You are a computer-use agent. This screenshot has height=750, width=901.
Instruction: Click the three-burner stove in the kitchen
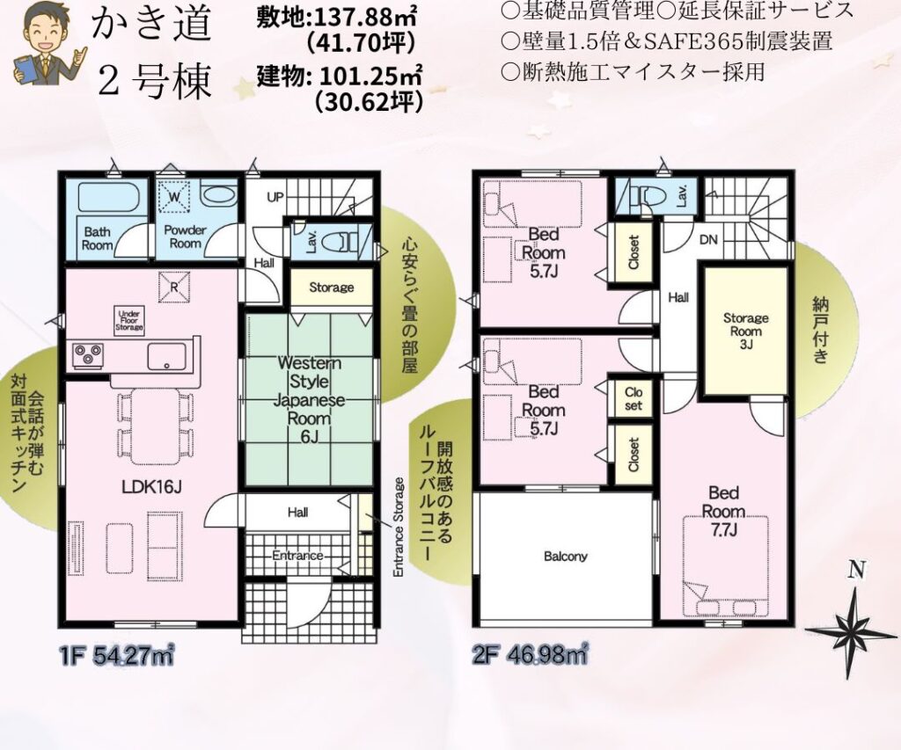point(88,355)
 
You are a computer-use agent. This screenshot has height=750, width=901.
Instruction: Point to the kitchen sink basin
point(166,356)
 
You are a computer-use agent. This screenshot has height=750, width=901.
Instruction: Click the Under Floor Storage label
point(129,320)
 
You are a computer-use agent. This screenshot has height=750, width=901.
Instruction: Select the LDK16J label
point(151,487)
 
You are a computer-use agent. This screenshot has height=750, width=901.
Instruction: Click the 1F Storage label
point(332,288)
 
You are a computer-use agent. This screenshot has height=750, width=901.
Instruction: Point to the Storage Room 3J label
point(745,331)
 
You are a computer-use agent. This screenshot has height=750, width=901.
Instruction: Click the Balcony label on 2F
point(566,556)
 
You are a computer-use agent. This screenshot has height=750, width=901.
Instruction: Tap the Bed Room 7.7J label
point(723,511)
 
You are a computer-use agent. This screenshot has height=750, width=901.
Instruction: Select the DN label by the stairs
point(708,239)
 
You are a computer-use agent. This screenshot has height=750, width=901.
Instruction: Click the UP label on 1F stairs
point(275,196)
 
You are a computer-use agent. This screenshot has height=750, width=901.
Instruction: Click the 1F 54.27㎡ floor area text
point(115,655)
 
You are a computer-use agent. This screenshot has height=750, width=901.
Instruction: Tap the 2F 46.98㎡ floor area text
point(529,654)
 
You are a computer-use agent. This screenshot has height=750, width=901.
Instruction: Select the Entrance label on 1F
point(297,556)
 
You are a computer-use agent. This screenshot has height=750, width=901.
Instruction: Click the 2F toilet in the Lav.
point(645,196)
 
